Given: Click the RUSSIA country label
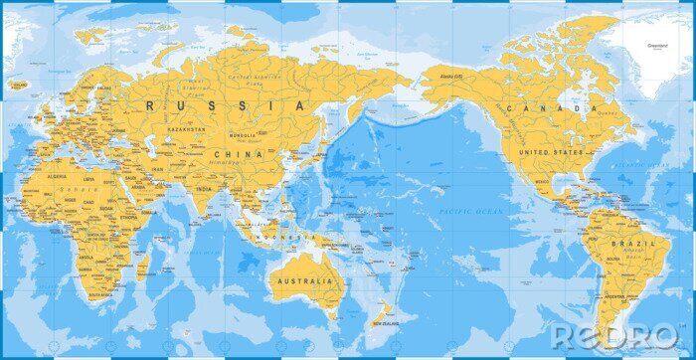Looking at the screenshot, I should click(x=225, y=104).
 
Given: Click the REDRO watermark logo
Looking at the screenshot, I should click(x=615, y=333).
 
